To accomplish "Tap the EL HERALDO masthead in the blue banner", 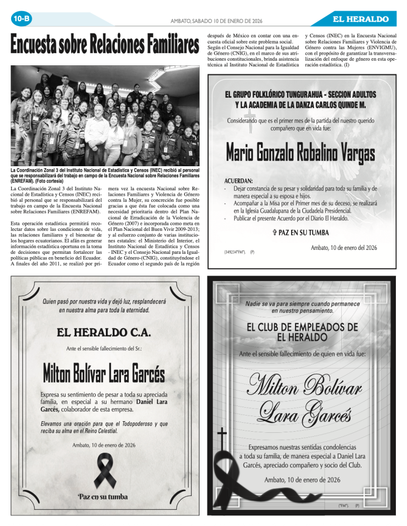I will pyautogui.click(x=361, y=19).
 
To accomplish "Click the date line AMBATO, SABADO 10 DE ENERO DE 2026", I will pyautogui.click(x=216, y=21).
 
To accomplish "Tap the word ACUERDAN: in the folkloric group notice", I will pyautogui.click(x=238, y=181).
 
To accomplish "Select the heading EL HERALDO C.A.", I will pyautogui.click(x=104, y=332).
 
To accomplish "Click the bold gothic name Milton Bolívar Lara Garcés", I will pyautogui.click(x=104, y=373).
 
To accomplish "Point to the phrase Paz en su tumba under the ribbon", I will pyautogui.click(x=103, y=496).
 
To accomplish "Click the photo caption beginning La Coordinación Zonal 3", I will pyautogui.click(x=104, y=175).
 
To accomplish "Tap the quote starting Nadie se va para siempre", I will pyautogui.click(x=302, y=307).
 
